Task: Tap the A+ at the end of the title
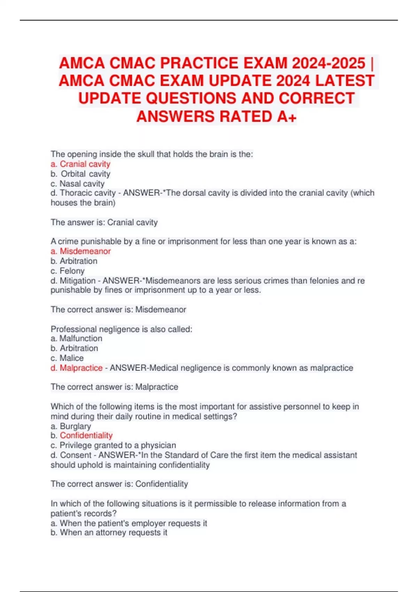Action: (287, 117)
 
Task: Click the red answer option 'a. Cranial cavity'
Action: (80, 164)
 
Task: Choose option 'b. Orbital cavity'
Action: (80, 174)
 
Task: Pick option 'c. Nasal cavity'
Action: (77, 184)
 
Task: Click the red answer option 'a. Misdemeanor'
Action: (80, 251)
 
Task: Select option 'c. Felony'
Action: (68, 271)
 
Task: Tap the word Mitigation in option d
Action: (77, 281)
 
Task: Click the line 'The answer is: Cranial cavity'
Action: (104, 222)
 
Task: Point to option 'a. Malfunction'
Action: (76, 338)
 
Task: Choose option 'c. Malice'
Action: (67, 358)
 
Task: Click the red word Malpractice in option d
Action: (81, 368)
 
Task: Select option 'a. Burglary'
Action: (71, 426)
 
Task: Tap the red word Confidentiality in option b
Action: (86, 435)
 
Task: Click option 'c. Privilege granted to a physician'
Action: (113, 445)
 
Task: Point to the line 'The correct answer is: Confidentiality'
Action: (119, 484)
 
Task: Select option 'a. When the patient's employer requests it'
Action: (129, 523)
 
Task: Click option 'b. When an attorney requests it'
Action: (109, 532)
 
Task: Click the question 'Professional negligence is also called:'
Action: (121, 329)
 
